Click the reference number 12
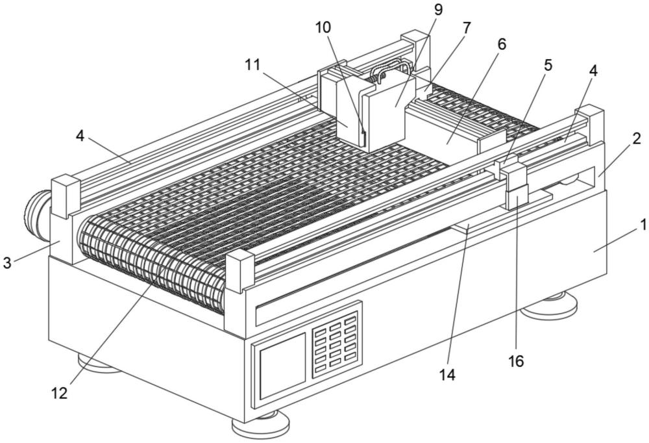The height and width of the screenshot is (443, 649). (59, 393)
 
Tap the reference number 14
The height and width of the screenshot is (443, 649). (447, 375)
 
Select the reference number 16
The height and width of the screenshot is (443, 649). (516, 361)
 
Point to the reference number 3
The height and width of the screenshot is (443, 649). (7, 262)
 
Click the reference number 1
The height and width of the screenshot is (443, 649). (643, 226)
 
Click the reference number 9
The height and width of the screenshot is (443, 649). (438, 10)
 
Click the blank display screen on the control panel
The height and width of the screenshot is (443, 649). (282, 366)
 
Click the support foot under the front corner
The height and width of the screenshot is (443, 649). (260, 424)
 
